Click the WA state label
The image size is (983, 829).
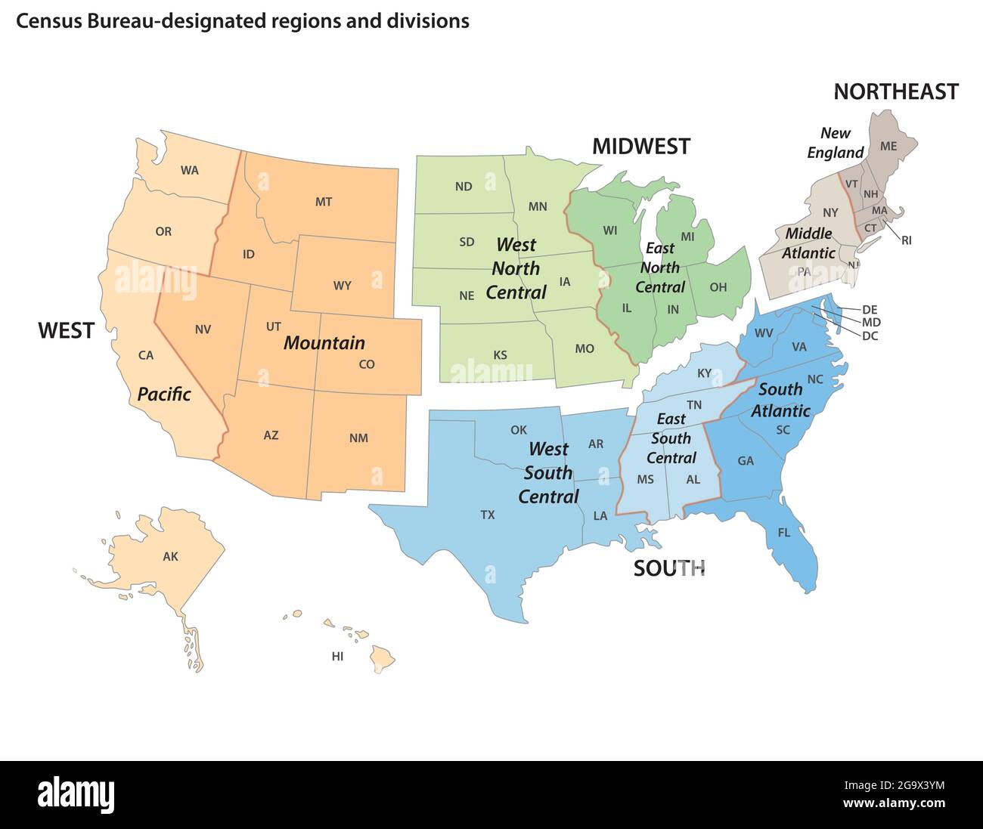(189, 171)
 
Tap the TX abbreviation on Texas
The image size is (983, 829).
(488, 515)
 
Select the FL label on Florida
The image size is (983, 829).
(783, 533)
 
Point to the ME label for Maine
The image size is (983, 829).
(888, 146)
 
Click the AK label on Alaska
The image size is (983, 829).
(170, 557)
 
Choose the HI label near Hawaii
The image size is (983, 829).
(337, 657)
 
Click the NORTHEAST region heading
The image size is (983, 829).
(895, 92)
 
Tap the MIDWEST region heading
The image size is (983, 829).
(640, 147)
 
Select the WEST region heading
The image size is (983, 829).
(66, 330)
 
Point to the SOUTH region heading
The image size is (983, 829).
(668, 568)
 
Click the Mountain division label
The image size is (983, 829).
(324, 343)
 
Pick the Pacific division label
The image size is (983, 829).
(164, 394)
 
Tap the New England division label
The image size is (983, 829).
(835, 143)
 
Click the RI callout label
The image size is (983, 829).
(906, 240)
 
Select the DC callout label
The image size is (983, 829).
(870, 336)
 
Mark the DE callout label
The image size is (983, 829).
(870, 310)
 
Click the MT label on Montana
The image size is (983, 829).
(323, 202)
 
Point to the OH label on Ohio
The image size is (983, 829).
(718, 288)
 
